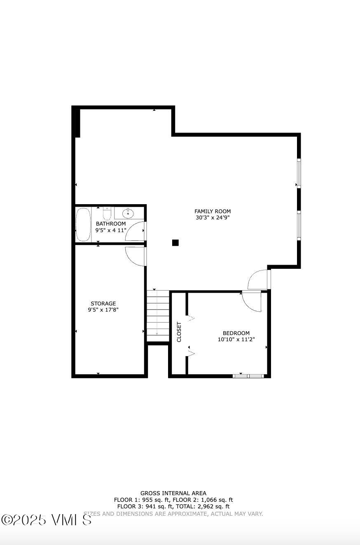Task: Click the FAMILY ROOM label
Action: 213,211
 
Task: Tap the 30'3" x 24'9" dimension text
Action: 213,218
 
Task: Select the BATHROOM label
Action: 111,224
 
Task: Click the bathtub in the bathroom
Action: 83,224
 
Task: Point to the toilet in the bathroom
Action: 107,214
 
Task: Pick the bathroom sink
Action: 129,213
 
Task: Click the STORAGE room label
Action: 103,304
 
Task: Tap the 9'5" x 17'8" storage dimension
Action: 103,310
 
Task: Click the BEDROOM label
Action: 236,333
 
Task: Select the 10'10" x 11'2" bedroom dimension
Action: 236,340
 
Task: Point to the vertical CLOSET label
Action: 179,332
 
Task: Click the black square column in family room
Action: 175,243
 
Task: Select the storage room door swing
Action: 135,256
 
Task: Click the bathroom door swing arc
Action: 135,231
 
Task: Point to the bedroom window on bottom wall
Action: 248,376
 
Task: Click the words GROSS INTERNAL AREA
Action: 173,493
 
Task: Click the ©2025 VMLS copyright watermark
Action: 46,520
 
